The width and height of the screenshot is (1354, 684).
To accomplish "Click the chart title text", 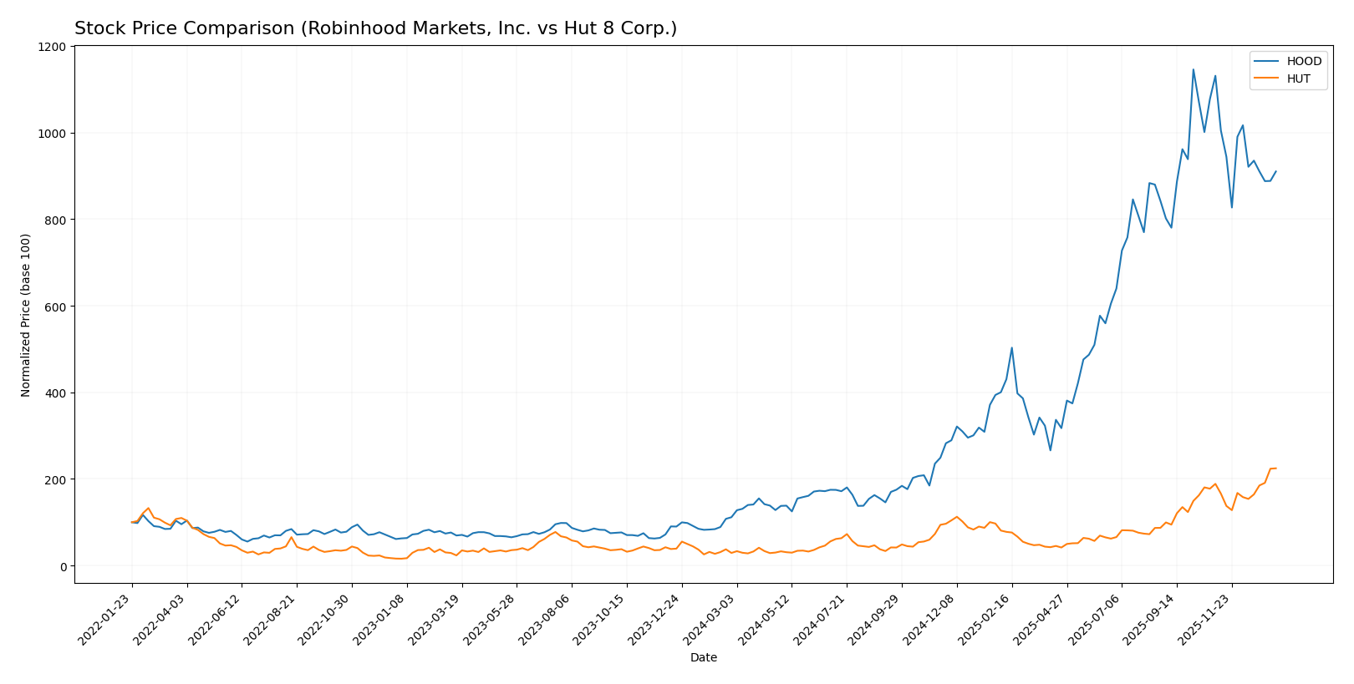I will point(375,28).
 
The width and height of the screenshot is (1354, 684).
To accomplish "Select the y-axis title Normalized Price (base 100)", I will point(26,315).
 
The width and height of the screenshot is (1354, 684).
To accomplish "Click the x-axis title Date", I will point(703,657).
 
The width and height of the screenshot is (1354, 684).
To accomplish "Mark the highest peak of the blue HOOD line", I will point(1193,69).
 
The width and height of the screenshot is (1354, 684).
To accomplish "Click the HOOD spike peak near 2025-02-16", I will point(1011,347).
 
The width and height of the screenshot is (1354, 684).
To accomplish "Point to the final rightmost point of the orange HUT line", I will point(1275,468).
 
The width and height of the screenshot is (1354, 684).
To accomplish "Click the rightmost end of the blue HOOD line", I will point(1275,171).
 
